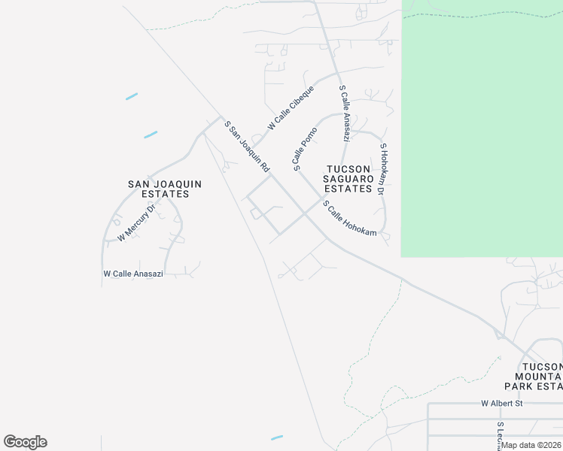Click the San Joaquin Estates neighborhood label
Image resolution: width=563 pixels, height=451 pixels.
(158, 188)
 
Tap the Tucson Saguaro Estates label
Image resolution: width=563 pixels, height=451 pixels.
(348, 179)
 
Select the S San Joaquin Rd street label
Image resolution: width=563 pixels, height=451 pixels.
(247, 146)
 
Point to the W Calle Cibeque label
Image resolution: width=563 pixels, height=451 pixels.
(290, 108)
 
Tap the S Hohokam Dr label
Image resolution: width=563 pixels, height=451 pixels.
(382, 170)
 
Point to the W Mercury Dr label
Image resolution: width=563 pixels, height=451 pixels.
(136, 223)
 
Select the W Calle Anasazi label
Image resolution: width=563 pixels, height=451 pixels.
(133, 274)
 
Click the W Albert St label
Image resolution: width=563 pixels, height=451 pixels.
(502, 404)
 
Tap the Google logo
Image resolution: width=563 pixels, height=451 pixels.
(25, 442)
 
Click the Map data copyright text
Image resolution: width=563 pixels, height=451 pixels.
(531, 445)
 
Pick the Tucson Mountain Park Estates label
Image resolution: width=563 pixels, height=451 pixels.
(538, 375)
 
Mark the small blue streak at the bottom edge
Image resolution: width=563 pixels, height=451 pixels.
(277, 437)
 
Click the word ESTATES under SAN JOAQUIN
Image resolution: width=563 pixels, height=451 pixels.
(158, 194)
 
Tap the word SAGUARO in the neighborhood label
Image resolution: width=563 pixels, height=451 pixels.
(348, 179)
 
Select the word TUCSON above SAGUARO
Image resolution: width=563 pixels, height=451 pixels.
(348, 169)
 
